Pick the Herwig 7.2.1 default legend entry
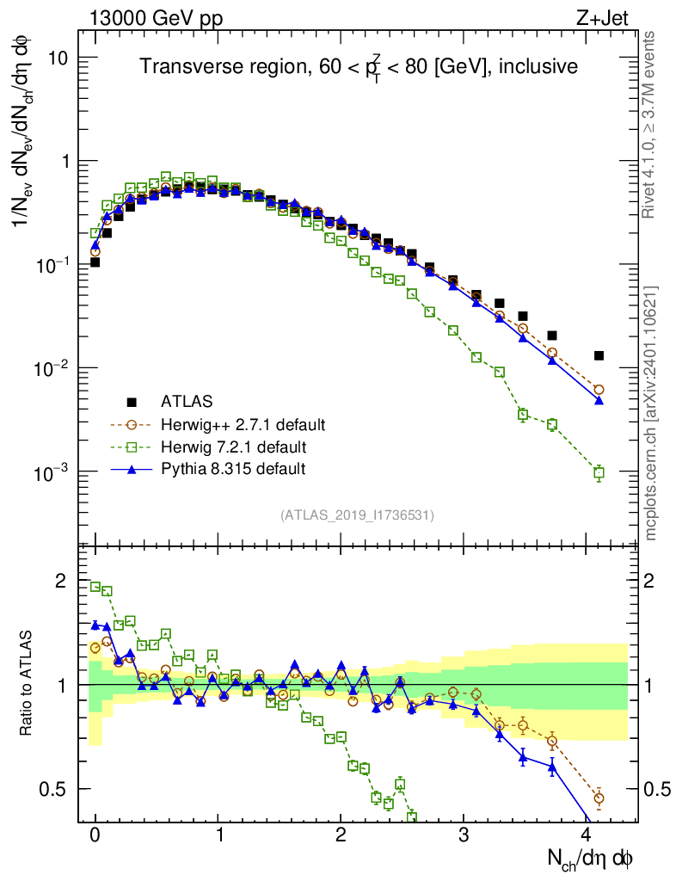click(233, 447)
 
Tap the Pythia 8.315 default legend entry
click(233, 469)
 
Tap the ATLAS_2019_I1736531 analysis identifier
click(357, 515)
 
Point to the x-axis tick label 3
click(464, 835)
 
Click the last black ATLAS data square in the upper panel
click(599, 355)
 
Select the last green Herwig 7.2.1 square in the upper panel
click(599, 472)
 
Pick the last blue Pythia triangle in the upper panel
click(599, 400)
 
